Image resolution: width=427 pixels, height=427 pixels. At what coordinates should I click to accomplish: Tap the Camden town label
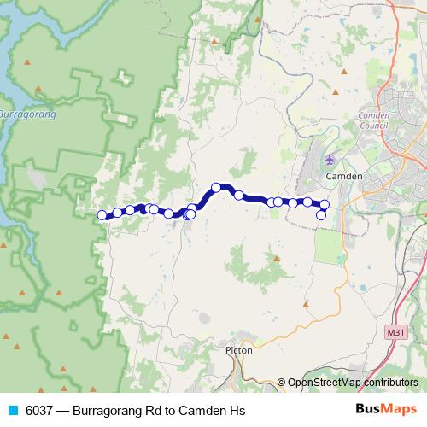click(345, 176)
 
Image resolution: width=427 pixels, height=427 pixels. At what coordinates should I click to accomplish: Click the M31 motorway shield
click(395, 331)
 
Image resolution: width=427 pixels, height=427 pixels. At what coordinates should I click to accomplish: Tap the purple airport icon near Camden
click(331, 160)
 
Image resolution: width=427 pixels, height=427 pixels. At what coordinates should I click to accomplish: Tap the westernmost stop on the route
click(102, 215)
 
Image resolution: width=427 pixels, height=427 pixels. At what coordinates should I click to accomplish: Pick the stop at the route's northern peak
click(217, 187)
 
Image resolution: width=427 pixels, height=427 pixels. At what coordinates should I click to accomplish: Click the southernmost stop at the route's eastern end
click(322, 215)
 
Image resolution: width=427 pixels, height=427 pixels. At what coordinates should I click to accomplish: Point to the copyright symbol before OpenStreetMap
click(281, 383)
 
